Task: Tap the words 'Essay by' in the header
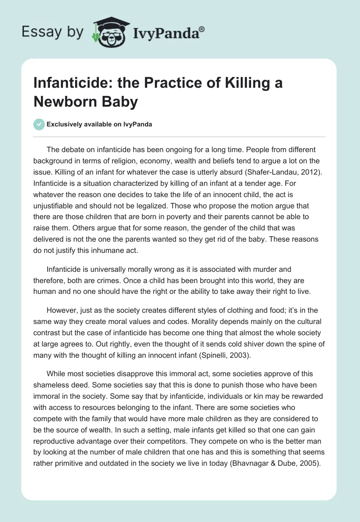(53, 32)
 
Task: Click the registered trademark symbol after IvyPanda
(202, 29)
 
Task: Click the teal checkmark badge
(40, 124)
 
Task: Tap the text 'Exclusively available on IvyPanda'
(99, 125)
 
